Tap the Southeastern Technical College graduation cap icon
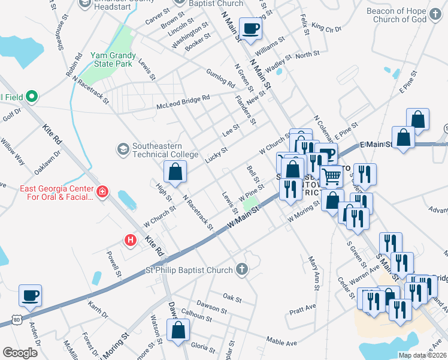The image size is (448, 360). point(123,148)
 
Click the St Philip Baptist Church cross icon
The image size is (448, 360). point(241,268)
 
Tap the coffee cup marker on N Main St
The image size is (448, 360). point(250,28)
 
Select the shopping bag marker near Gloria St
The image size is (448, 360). point(178,329)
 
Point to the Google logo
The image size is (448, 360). point(20,353)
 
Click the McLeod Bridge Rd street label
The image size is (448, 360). point(183,101)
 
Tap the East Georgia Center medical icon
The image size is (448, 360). point(103,192)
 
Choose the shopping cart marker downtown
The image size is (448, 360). point(331,176)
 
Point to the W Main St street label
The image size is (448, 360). point(243,219)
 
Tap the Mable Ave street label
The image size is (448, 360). point(281,343)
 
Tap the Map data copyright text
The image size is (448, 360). point(422,355)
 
